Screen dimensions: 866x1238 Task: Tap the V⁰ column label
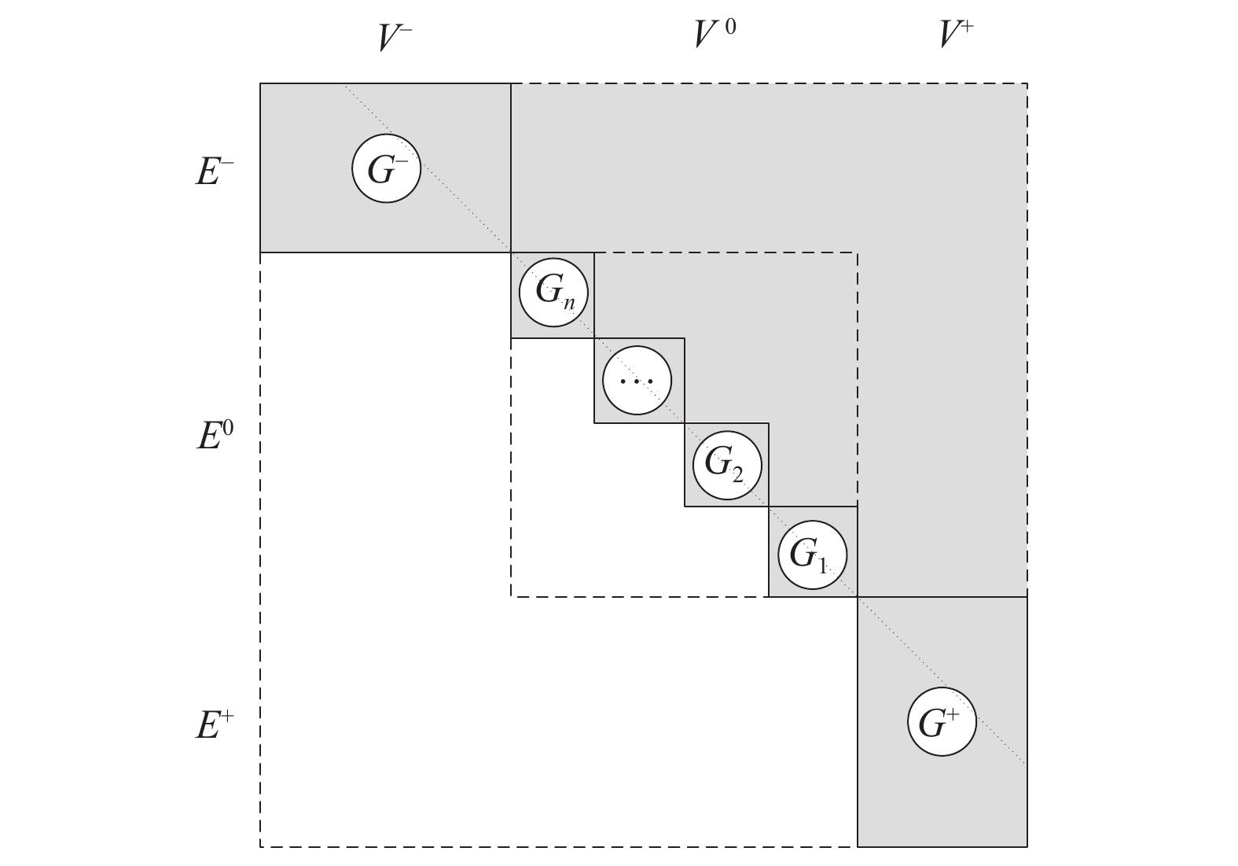[x=715, y=35]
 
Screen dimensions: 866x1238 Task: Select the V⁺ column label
[x=957, y=35]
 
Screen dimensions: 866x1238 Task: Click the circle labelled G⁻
[x=386, y=168]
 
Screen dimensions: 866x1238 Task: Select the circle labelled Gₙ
[x=555, y=293]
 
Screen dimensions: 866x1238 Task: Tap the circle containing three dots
[x=637, y=381]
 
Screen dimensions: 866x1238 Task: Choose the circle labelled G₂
[x=727, y=465]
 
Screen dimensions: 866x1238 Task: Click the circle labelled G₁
[x=813, y=555]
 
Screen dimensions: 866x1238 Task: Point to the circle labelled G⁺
[x=942, y=721]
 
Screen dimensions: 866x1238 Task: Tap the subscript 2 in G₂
[x=737, y=472]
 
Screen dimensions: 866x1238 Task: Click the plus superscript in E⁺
[x=228, y=715]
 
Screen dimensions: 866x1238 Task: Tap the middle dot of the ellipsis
[x=637, y=381]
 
